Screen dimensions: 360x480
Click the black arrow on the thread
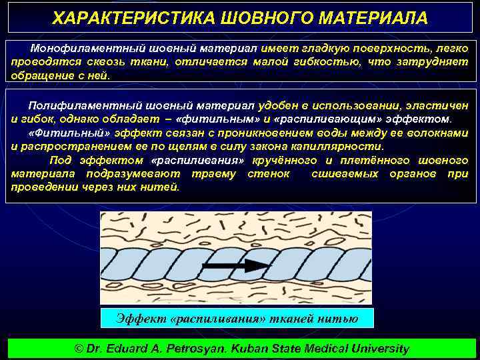pyautogui.click(x=234, y=266)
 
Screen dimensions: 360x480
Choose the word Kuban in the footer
pyautogui.click(x=261, y=349)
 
